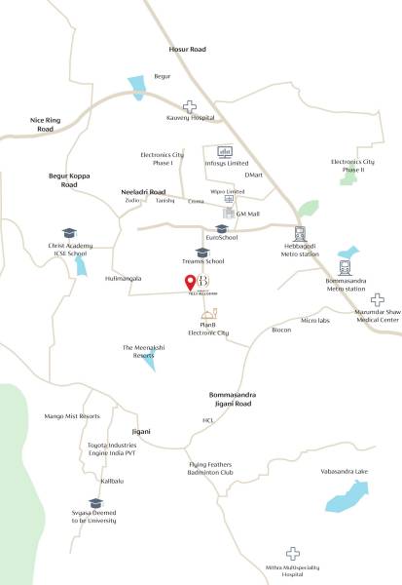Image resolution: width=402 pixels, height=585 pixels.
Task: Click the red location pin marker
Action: click(190, 284)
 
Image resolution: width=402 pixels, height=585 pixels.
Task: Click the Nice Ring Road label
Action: click(46, 124)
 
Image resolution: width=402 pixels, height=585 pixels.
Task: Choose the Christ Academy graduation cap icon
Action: click(69, 233)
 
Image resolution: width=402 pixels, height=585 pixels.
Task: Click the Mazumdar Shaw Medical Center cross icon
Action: click(377, 300)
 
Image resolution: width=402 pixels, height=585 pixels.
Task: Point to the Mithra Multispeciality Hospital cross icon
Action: click(293, 553)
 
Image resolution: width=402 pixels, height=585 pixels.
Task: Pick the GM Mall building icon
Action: click(229, 212)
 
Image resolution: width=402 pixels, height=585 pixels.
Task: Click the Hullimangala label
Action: click(123, 278)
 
